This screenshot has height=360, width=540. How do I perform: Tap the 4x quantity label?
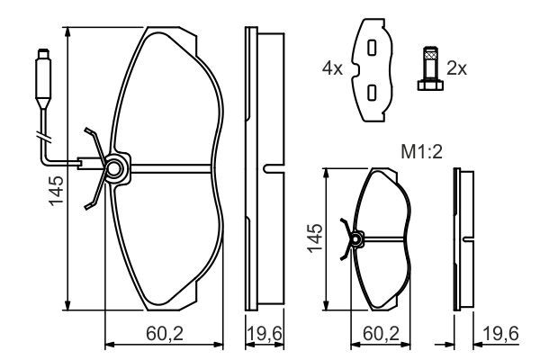pyautogui.click(x=334, y=67)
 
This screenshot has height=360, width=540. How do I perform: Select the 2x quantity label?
pyautogui.click(x=457, y=67)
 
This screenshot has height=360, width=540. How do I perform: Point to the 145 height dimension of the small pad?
pyautogui.click(x=313, y=238)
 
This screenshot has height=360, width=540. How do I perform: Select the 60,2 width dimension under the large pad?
pyautogui.click(x=164, y=334)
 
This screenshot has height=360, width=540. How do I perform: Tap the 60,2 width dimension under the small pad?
pyautogui.click(x=382, y=334)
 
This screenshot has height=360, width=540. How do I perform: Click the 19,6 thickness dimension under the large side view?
pyautogui.click(x=265, y=334)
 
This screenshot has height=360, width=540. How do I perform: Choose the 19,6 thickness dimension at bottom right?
pyautogui.click(x=500, y=334)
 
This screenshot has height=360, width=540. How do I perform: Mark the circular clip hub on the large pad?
pyautogui.click(x=114, y=168)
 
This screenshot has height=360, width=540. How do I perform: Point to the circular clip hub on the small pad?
pyautogui.click(x=356, y=239)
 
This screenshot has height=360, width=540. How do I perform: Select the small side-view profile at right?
pyautogui.click(x=464, y=238)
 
